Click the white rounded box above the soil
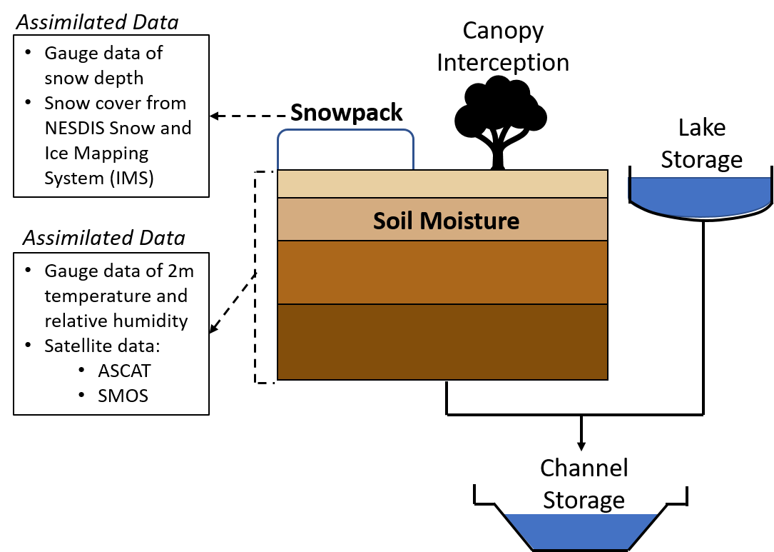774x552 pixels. [x=345, y=150]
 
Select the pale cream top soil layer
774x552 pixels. [x=442, y=184]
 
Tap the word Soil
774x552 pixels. [x=394, y=221]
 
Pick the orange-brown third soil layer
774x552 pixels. [x=442, y=273]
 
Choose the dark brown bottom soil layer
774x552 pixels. [x=442, y=342]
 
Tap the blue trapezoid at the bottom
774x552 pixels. [x=581, y=531]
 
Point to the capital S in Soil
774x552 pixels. [x=380, y=221]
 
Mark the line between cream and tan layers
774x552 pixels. [x=442, y=198]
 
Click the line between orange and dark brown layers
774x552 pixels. [x=442, y=304]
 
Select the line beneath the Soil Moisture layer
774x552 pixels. [x=442, y=241]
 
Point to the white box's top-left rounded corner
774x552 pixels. [x=281, y=134]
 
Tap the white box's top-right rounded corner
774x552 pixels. [x=409, y=134]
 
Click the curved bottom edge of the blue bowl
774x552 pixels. [x=700, y=215]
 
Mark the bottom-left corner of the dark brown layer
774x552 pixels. [x=279, y=378]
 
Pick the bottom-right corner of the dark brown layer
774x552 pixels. [x=606, y=378]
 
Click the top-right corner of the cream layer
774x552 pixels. [x=606, y=171]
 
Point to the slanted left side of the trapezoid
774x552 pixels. [x=519, y=531]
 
